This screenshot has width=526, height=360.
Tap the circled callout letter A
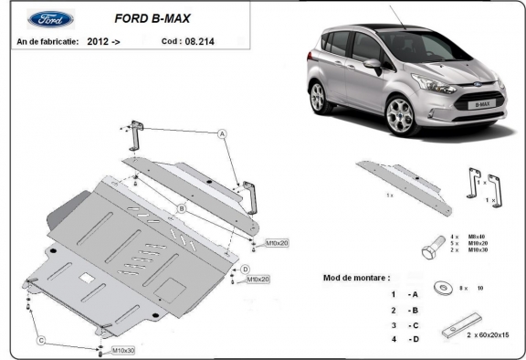click(x=221, y=133)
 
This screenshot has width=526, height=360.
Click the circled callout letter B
click(x=182, y=209)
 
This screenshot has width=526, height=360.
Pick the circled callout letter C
click(x=41, y=341)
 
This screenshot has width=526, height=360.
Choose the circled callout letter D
click(x=246, y=269)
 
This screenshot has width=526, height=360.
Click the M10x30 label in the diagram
click(x=123, y=350)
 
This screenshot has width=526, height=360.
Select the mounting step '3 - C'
click(x=399, y=324)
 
